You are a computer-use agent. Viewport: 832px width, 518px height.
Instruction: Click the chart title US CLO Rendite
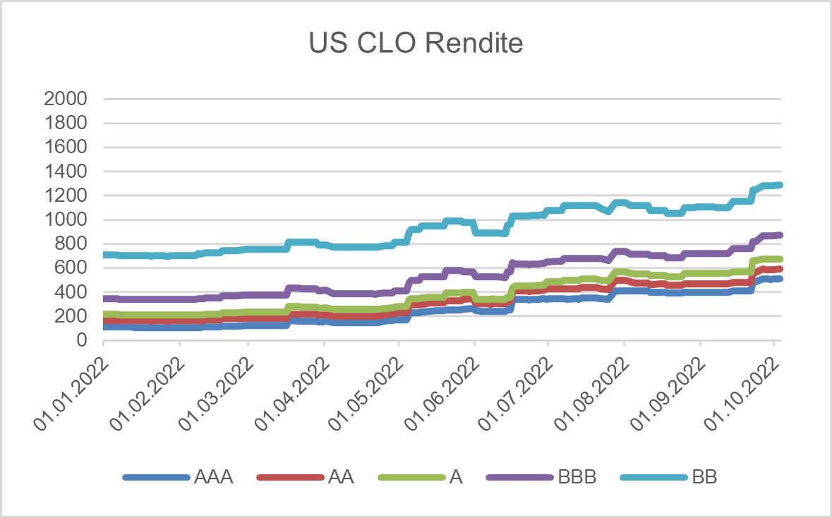416,44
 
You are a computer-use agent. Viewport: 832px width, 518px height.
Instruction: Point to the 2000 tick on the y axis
65,99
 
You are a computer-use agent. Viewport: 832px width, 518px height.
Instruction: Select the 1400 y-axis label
65,171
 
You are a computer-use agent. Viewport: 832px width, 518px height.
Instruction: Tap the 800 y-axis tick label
71,244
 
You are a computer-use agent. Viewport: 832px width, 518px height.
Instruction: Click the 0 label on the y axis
81,340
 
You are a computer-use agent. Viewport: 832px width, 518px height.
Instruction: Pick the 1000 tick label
65,219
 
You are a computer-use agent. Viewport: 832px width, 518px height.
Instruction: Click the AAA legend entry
212,478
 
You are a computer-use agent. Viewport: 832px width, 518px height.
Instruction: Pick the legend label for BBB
577,478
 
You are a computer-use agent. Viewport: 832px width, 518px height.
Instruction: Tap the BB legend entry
705,478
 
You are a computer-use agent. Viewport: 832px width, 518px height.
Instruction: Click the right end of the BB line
780,185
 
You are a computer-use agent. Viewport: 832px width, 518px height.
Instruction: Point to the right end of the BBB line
780,235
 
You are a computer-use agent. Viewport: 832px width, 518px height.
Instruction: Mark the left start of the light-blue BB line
104,255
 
